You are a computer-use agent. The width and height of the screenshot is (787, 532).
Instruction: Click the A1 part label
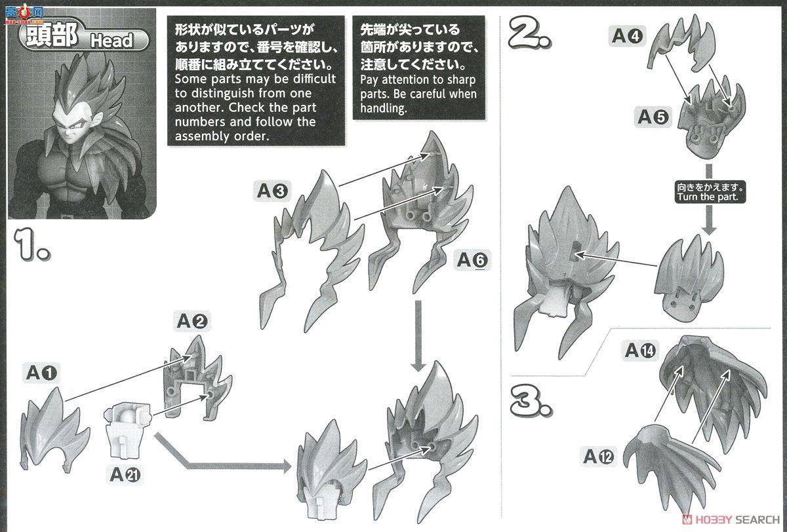pos(41,373)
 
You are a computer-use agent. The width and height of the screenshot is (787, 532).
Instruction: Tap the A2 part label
pos(192,321)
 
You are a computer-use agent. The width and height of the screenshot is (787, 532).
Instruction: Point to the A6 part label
pos(473,261)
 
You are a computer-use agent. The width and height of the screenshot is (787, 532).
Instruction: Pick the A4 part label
pos(626,35)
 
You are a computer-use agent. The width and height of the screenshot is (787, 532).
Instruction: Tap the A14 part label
pos(640,350)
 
